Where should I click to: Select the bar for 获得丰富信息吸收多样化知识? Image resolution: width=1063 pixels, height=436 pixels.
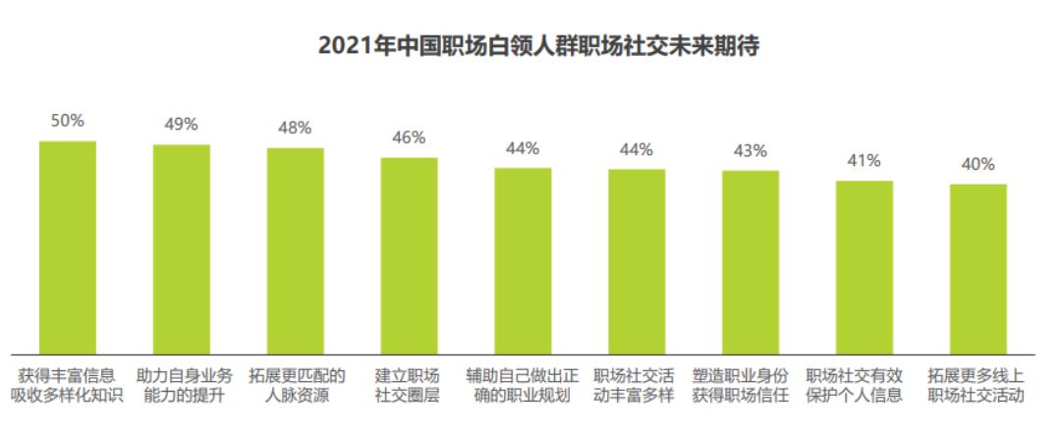click(x=68, y=247)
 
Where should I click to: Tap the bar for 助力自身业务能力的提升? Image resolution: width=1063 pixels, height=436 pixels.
click(x=182, y=249)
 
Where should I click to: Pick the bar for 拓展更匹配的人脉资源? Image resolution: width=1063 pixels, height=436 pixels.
click(x=296, y=251)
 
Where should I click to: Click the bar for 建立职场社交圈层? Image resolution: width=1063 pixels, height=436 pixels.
click(x=409, y=255)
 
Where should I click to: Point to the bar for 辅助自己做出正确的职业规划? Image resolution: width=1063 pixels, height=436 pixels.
click(x=523, y=261)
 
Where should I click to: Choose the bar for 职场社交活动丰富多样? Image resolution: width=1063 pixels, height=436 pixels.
click(x=637, y=261)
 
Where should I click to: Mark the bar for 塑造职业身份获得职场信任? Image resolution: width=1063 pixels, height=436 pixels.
click(x=751, y=262)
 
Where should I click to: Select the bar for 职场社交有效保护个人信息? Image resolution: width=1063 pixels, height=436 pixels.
click(x=865, y=267)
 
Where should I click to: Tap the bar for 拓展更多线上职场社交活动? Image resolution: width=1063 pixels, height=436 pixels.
click(x=979, y=269)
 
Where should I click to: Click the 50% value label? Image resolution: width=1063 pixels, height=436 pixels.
click(x=68, y=121)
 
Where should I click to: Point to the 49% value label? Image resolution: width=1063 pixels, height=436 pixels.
click(x=182, y=125)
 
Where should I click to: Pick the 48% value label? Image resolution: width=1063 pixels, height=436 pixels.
click(x=295, y=128)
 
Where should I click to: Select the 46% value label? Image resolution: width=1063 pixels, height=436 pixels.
click(x=409, y=137)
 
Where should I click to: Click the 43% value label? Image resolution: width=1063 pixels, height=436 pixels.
click(x=751, y=151)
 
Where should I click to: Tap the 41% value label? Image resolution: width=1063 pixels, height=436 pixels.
click(x=865, y=161)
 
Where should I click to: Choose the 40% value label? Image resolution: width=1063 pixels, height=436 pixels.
click(x=979, y=164)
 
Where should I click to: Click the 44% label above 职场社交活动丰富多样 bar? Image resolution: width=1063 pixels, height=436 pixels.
click(x=637, y=149)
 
